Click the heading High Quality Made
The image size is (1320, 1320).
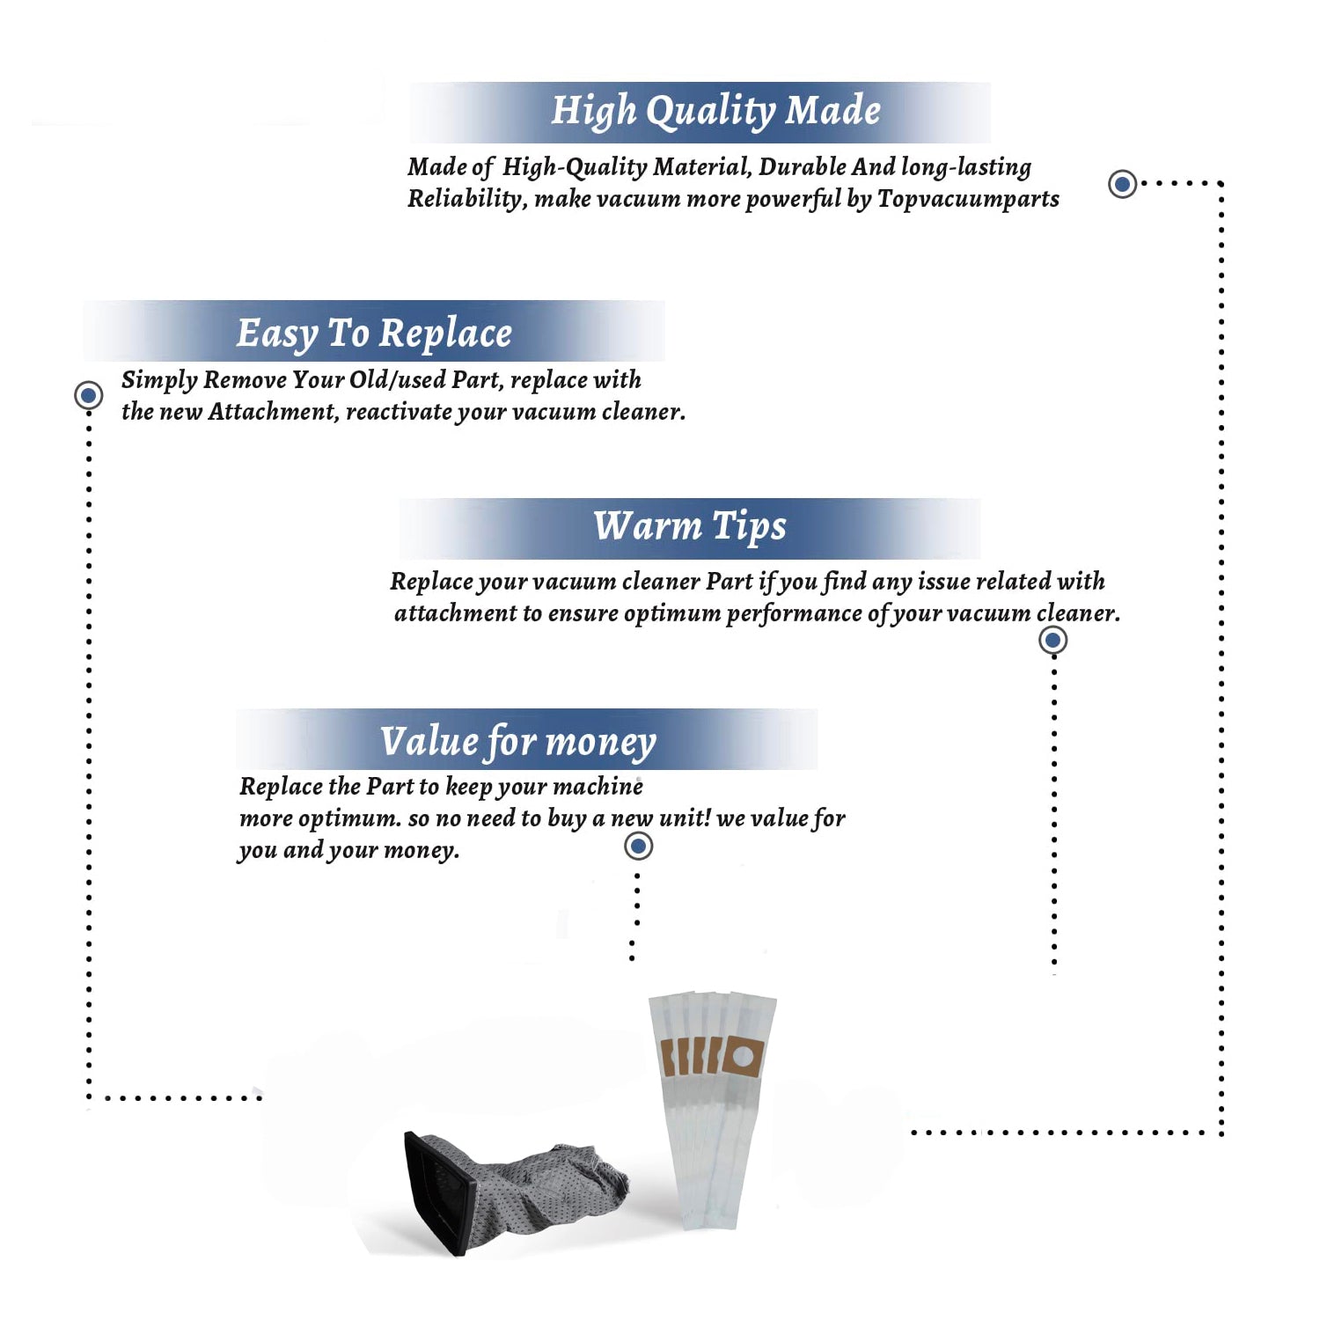[x=715, y=112]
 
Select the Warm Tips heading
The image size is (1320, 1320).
[x=689, y=527]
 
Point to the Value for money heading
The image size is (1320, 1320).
[x=518, y=742]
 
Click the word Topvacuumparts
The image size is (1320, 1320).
[x=968, y=200]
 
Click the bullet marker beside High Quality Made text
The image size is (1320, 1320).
[x=1122, y=184]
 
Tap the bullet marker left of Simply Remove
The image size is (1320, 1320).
[x=88, y=395]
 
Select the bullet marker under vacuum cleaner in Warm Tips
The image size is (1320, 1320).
[x=1052, y=640]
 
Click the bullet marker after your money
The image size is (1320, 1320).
[x=638, y=847]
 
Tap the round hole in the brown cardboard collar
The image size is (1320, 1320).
[x=741, y=1056]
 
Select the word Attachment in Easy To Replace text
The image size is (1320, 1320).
[x=273, y=412]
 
